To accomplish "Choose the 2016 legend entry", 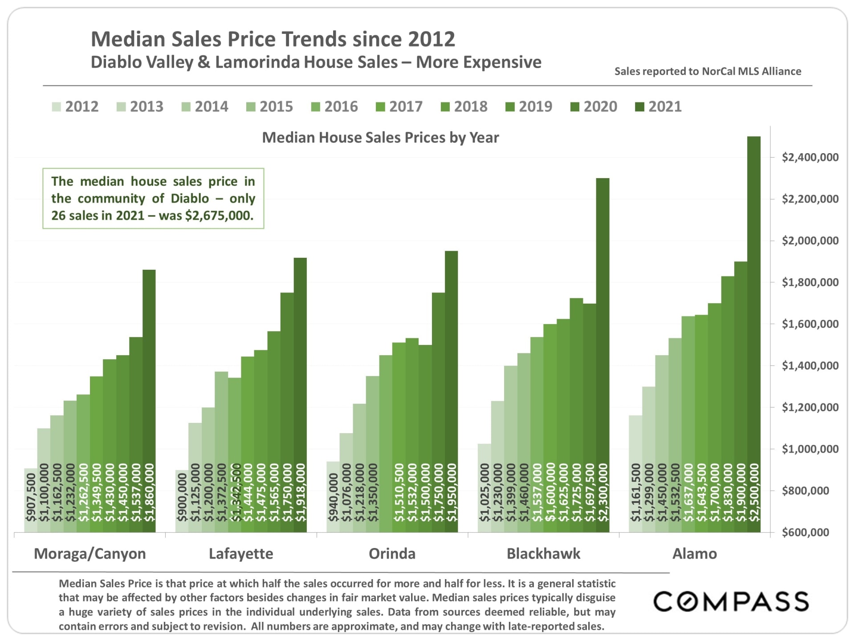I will pos(335,107).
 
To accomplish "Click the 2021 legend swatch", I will pos(639,107).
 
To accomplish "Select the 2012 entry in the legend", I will pos(75,107).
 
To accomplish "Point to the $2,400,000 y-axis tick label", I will pos(810,157).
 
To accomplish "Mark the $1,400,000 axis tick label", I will pos(810,366).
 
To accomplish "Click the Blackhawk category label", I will pos(543,554).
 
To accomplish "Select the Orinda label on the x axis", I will pos(392,554).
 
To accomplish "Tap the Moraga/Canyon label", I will pos(90,554).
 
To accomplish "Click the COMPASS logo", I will pos(731,601).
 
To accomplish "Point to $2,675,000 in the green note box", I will pos(219,216).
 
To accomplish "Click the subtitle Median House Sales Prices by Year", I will pos(380,138).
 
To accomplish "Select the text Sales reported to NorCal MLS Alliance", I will pos(708,71).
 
